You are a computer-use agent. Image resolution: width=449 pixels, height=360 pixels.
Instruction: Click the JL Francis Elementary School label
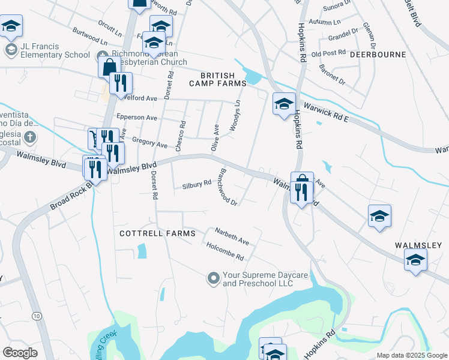(x=56, y=50)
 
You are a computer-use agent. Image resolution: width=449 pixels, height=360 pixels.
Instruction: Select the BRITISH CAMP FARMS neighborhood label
(x=218, y=79)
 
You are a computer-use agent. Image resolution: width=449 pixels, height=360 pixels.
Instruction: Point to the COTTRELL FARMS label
(x=158, y=233)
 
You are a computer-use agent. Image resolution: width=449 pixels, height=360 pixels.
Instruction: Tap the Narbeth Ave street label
(x=232, y=236)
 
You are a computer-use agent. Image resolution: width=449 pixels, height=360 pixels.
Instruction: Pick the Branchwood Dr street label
(x=228, y=186)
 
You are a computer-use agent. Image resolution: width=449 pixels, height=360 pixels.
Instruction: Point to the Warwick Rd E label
(x=327, y=112)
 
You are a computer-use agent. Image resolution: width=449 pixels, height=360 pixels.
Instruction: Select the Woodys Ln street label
(x=238, y=113)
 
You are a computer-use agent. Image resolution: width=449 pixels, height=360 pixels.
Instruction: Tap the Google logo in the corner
(x=20, y=353)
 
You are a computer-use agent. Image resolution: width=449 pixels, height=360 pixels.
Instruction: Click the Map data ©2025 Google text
(x=411, y=355)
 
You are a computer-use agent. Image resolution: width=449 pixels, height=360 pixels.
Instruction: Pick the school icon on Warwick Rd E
(x=284, y=104)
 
